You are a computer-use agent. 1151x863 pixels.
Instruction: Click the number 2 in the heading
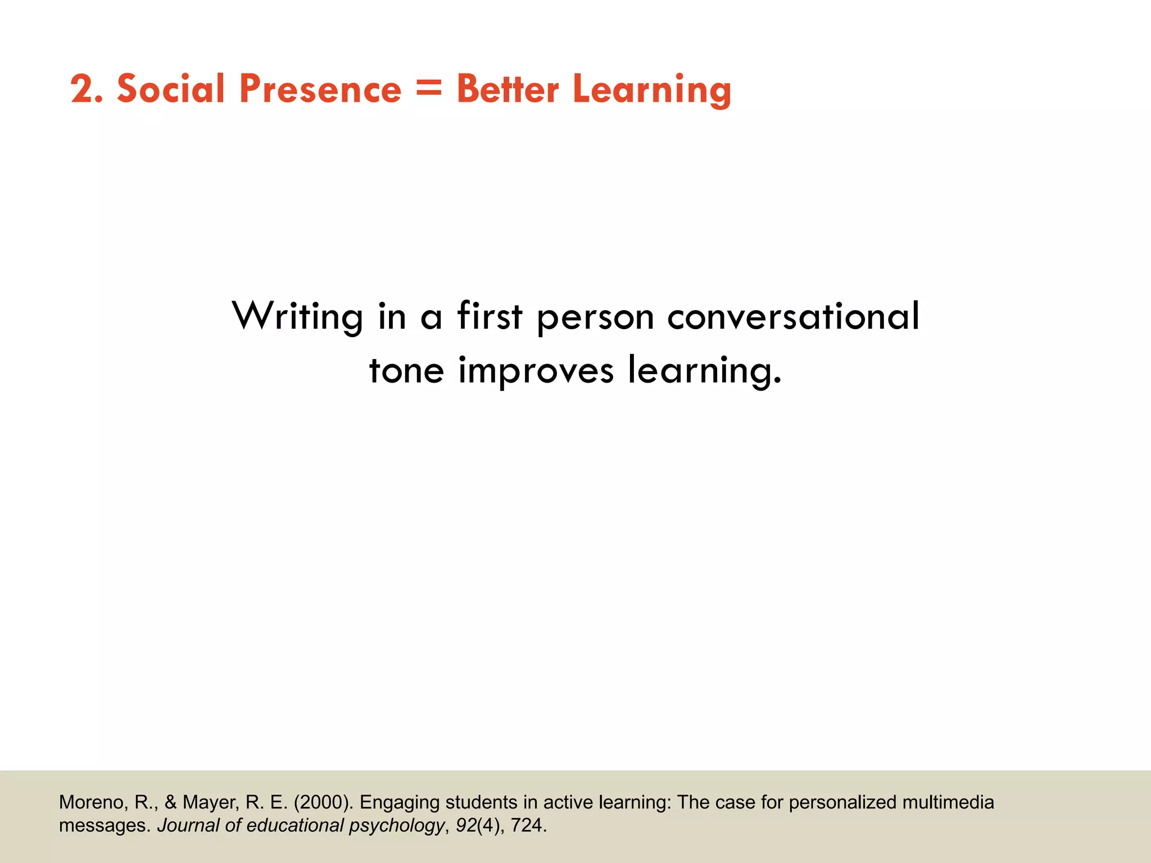[83, 90]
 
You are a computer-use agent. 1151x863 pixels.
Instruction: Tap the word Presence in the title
[320, 90]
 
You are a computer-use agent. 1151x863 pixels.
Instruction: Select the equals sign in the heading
[429, 90]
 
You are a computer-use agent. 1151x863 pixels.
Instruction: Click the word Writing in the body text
[298, 317]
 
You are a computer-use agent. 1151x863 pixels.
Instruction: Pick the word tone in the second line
[406, 371]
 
